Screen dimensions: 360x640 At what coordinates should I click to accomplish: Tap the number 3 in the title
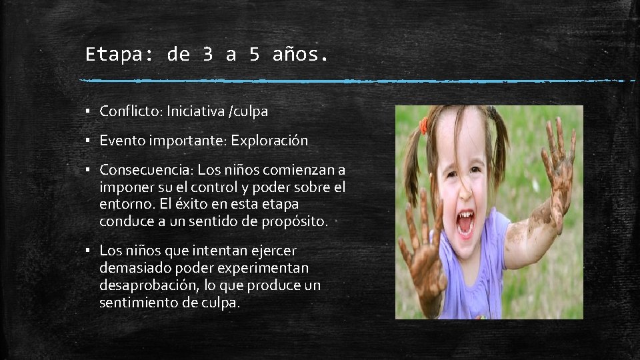[x=207, y=55]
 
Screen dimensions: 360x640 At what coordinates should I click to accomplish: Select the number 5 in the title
[x=254, y=55]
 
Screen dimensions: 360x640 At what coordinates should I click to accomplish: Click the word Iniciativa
[x=196, y=111]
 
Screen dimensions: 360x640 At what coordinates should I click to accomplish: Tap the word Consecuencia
[x=143, y=170]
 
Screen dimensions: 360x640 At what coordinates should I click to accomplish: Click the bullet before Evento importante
[x=87, y=141]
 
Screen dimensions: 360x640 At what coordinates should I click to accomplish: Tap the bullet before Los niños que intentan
[x=87, y=251]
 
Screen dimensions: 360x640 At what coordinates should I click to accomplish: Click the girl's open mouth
[x=465, y=223]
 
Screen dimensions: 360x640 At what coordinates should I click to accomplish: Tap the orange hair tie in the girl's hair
[x=423, y=125]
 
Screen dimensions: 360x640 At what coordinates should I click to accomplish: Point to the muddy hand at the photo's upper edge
[x=559, y=160]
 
